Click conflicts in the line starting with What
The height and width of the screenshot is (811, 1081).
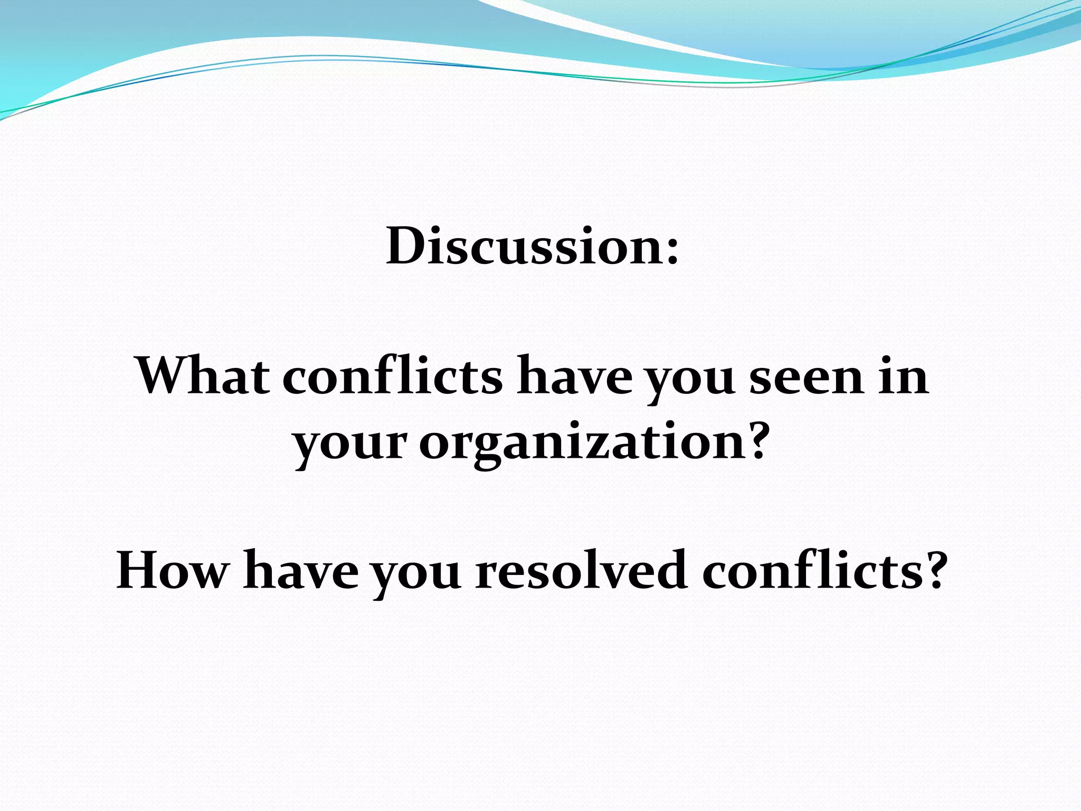pos(393,375)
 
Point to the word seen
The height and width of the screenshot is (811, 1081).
pos(807,376)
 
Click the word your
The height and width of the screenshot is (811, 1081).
pos(350,444)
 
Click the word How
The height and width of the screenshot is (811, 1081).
pos(173,570)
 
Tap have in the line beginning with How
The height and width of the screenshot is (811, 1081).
pos(301,570)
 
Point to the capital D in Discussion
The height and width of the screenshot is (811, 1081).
pos(407,246)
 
